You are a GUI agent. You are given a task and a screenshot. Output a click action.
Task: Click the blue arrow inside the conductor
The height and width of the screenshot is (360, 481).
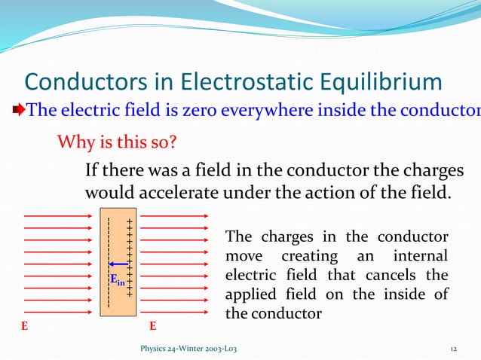(x=118, y=264)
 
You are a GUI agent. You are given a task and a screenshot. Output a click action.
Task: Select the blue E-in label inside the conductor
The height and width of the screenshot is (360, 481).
(x=118, y=280)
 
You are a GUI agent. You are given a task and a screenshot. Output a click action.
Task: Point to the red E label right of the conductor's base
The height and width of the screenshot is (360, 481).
(x=153, y=327)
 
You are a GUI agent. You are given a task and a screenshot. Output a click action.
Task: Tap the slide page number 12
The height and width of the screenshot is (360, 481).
(x=454, y=348)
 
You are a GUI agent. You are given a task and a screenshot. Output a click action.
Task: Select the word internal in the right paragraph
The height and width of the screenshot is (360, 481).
(x=419, y=256)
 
